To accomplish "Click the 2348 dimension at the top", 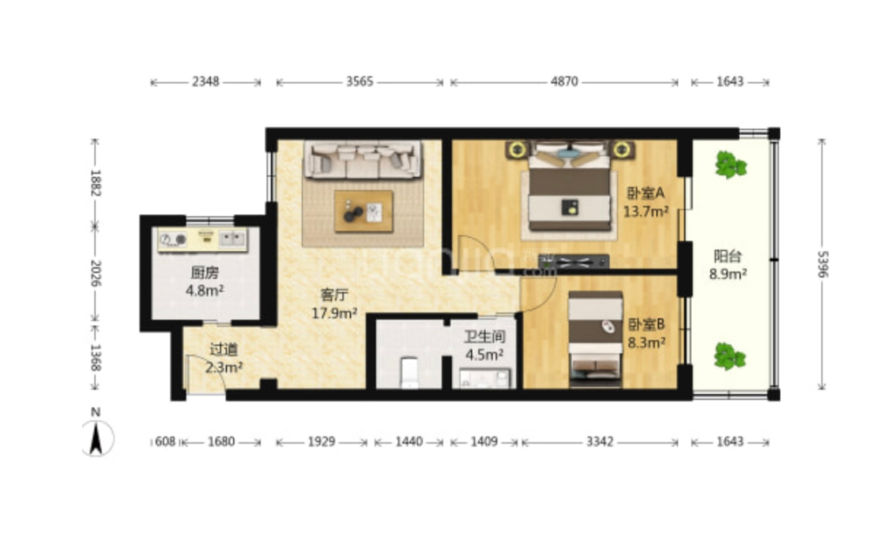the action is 205,82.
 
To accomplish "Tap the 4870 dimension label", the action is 565,82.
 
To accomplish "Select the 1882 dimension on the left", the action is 95,182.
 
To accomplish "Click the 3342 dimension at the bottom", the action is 600,442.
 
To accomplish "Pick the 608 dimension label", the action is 165,442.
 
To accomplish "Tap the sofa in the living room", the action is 363,160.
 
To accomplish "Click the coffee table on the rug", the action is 363,211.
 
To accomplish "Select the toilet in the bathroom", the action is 409,372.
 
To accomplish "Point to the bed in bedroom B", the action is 595,339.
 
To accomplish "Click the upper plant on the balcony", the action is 730,165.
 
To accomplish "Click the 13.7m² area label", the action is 646,212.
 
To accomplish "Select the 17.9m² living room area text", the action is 334,313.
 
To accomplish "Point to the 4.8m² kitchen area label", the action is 204,291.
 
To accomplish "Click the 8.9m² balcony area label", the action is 728,275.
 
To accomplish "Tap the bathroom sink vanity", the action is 485,378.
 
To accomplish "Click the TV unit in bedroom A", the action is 573,261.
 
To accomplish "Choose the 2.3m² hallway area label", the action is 224,367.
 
